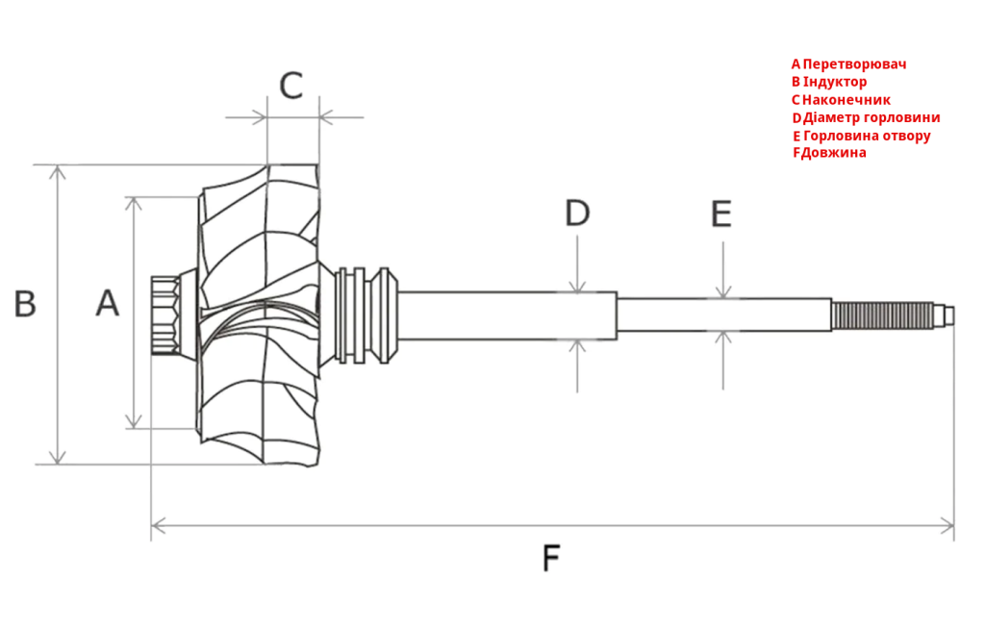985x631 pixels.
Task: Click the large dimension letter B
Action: [x=24, y=304]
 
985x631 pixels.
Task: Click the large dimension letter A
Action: [x=108, y=303]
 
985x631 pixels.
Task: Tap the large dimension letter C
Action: [x=290, y=86]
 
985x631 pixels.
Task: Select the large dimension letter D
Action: [x=577, y=213]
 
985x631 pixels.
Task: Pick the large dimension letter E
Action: [x=721, y=214]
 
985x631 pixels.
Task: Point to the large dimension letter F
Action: [x=551, y=558]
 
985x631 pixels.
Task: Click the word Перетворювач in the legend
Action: [x=854, y=64]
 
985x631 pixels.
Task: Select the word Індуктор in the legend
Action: [x=835, y=82]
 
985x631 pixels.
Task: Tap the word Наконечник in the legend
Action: [x=846, y=100]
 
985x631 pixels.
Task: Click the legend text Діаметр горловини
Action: [x=871, y=117]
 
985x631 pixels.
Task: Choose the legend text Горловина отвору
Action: [x=867, y=136]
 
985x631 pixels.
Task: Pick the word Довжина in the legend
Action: [x=833, y=153]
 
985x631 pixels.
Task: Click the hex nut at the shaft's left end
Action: [x=164, y=315]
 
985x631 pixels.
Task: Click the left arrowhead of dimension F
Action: [x=158, y=525]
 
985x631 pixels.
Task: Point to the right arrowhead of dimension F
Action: [x=947, y=525]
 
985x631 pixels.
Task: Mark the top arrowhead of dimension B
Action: [x=58, y=171]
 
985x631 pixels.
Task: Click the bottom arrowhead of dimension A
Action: [x=133, y=421]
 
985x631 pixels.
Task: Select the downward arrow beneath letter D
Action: [x=577, y=265]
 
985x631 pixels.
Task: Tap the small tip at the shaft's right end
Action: [x=950, y=315]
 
